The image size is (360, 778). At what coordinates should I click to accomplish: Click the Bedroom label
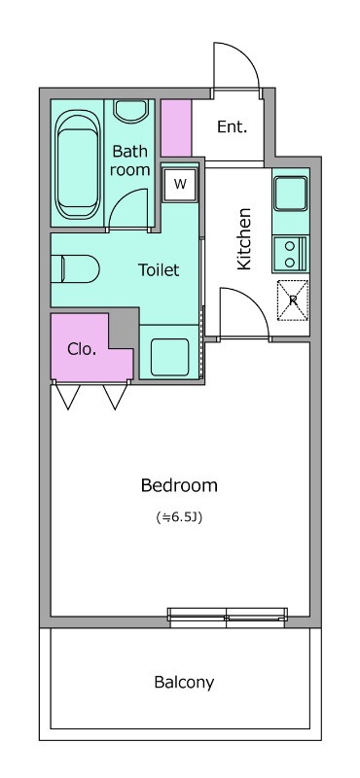[x=179, y=484]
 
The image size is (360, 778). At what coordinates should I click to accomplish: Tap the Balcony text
[x=184, y=683]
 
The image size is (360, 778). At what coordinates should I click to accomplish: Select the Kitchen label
[x=244, y=239]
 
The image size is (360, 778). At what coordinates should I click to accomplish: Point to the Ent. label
[x=232, y=127]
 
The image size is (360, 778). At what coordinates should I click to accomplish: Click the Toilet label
[x=159, y=270]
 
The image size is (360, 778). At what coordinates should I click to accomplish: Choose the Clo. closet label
[x=82, y=349]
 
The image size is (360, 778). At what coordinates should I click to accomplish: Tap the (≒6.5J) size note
[x=179, y=517]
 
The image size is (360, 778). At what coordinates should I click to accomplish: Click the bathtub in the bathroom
[x=77, y=163]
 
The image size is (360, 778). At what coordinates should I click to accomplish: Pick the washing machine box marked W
[x=180, y=184]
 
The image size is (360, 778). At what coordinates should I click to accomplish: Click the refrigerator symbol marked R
[x=293, y=301]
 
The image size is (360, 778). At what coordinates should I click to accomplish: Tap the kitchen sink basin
[x=292, y=193]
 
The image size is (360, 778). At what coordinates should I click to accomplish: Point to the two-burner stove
[x=291, y=254]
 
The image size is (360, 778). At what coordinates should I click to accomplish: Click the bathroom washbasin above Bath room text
[x=131, y=110]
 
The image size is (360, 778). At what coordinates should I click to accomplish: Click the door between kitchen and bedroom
[x=245, y=313]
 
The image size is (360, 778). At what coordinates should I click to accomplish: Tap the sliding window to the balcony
[x=228, y=615]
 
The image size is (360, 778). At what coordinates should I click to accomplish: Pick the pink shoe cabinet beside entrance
[x=176, y=128]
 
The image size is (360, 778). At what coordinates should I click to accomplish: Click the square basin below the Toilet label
[x=170, y=357]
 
